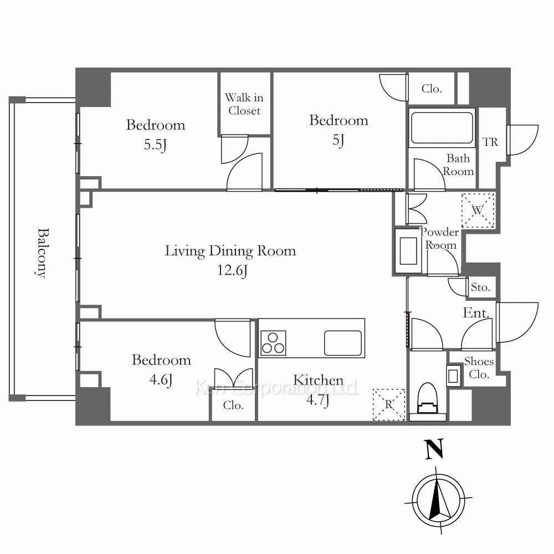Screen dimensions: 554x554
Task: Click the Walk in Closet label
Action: tap(244, 104)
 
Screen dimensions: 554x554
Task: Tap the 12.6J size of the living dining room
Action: tap(230, 270)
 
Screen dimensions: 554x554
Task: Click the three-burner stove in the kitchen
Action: tap(273, 342)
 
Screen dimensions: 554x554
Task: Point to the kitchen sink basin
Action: tap(343, 342)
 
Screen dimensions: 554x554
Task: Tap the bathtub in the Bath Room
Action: tap(442, 128)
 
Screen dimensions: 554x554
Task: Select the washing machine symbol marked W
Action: tap(478, 209)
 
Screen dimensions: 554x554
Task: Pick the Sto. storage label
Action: tap(480, 288)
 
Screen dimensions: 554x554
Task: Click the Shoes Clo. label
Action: tap(479, 368)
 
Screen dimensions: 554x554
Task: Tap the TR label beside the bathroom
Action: tap(490, 142)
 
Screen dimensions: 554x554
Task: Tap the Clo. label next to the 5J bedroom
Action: tap(432, 89)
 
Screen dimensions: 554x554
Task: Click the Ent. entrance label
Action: tap(476, 314)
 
